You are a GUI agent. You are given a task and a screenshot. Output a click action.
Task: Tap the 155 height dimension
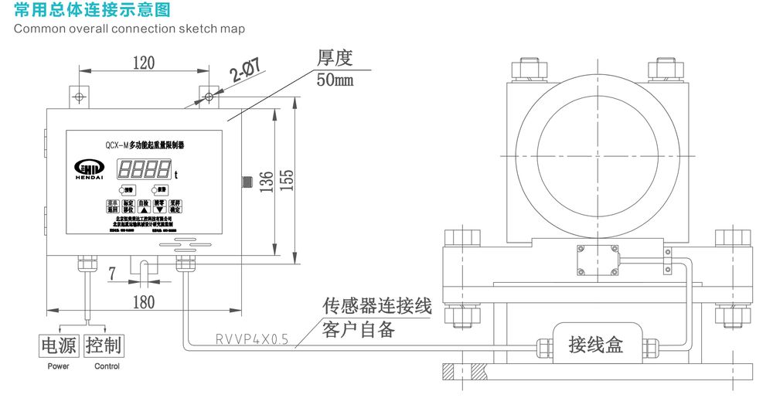click(x=286, y=182)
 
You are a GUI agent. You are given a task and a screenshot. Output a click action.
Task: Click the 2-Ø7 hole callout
click(x=246, y=73)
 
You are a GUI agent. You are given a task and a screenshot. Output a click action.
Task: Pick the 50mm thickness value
click(x=335, y=80)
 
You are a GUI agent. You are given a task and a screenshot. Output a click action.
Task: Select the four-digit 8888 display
click(x=145, y=168)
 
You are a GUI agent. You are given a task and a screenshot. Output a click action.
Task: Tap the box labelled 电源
click(x=60, y=345)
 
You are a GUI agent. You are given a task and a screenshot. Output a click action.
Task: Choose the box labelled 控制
click(x=104, y=345)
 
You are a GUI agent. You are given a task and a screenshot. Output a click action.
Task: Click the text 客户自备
click(x=358, y=329)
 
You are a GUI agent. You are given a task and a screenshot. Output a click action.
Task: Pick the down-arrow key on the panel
click(x=159, y=208)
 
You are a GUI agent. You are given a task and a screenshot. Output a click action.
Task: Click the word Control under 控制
click(x=107, y=366)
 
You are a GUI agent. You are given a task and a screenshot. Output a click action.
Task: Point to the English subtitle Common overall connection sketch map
click(x=129, y=29)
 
